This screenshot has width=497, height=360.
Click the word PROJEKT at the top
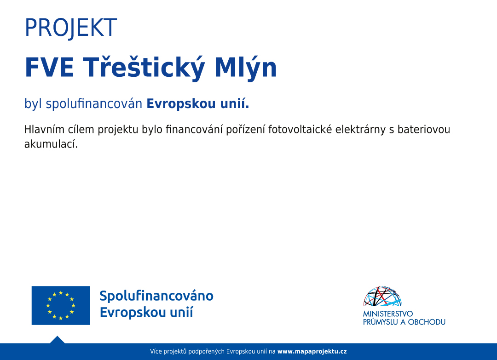(71, 28)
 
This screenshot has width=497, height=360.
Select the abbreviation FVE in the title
(49, 67)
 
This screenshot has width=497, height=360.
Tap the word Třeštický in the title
(144, 68)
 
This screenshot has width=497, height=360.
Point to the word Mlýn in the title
(246, 68)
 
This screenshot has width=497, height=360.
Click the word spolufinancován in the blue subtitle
(94, 103)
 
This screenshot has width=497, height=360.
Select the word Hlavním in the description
(44, 129)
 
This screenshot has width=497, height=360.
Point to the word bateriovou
(424, 129)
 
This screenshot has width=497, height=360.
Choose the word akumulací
(51, 144)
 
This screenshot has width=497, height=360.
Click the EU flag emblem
(61, 305)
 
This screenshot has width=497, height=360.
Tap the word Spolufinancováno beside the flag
(156, 296)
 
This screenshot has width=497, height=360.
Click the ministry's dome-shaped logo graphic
(382, 297)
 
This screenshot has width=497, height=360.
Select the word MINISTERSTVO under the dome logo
(388, 314)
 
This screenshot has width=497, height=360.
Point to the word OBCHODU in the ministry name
(427, 322)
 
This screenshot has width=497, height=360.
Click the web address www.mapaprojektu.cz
(312, 351)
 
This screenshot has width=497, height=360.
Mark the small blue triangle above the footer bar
(58, 340)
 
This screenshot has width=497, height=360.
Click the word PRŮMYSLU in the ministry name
(381, 322)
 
